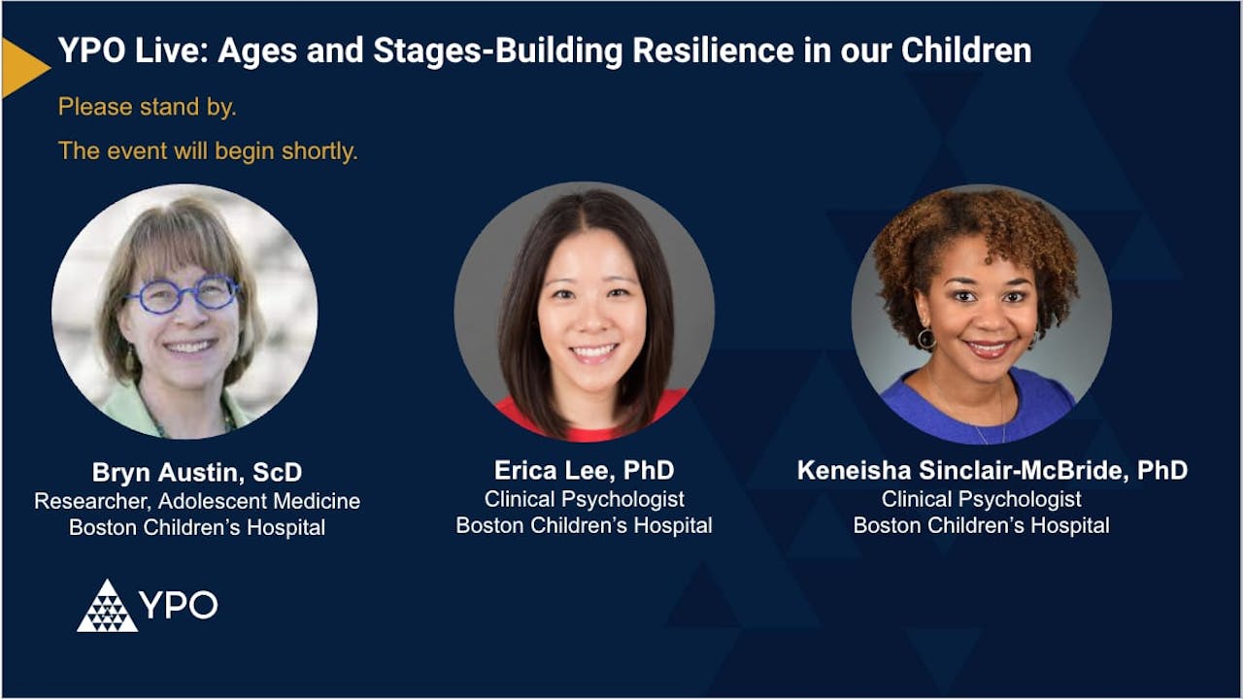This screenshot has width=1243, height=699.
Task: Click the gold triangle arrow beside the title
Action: (21, 68)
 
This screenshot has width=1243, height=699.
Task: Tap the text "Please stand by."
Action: (147, 107)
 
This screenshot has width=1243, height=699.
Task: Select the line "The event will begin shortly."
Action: (208, 151)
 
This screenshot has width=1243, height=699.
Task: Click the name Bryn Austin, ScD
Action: (197, 473)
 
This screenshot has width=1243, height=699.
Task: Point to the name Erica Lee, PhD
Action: (584, 471)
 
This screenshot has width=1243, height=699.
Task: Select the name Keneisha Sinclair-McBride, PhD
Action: (991, 471)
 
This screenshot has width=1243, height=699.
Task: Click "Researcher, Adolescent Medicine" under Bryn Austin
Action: (197, 501)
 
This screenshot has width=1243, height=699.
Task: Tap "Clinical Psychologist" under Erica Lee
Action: (584, 499)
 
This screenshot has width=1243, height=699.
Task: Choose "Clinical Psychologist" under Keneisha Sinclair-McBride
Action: (981, 499)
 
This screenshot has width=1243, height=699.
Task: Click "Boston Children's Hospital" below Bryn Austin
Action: (197, 528)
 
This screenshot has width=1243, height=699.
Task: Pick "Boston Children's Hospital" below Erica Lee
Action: (584, 525)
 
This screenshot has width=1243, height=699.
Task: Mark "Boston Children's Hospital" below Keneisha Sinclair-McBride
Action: (981, 525)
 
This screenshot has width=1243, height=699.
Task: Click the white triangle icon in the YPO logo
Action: (107, 608)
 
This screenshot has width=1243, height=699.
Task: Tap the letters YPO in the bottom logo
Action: (179, 605)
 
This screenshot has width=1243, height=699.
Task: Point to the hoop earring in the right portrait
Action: (925, 338)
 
